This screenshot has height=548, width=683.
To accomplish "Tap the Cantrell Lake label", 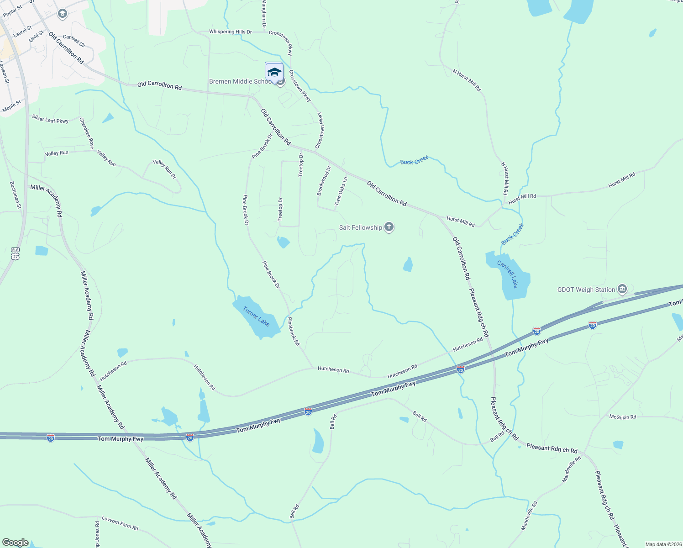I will pos(508,274).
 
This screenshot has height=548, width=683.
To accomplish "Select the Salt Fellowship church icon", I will pos(389,227).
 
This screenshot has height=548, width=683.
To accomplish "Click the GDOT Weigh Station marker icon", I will pos(622,289).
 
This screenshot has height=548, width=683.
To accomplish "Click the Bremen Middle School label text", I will pos(241,81).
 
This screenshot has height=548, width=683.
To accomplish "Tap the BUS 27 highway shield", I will pos(16,253).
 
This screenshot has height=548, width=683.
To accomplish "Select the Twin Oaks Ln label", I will pos(341,191).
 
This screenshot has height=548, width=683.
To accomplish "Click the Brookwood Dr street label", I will pos(324,181).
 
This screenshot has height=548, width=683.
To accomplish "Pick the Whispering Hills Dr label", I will pos(230,32).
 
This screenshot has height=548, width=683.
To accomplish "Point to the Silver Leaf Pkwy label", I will pos(50,119).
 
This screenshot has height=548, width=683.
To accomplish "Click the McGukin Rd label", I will pos(623,417).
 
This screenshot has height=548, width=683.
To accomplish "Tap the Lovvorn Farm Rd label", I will pos(120,523).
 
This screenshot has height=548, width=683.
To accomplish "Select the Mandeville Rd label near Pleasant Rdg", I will pos(571,469).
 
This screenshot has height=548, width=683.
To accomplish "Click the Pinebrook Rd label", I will pos(294,332).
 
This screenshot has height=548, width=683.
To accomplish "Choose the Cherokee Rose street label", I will pos(87,133).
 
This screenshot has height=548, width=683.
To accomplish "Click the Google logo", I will pos(15,543).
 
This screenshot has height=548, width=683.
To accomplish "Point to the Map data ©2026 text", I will pos(662,544).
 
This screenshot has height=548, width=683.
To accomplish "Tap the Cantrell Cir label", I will pos(74,41).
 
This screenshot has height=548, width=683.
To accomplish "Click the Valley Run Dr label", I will pos(164,169).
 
